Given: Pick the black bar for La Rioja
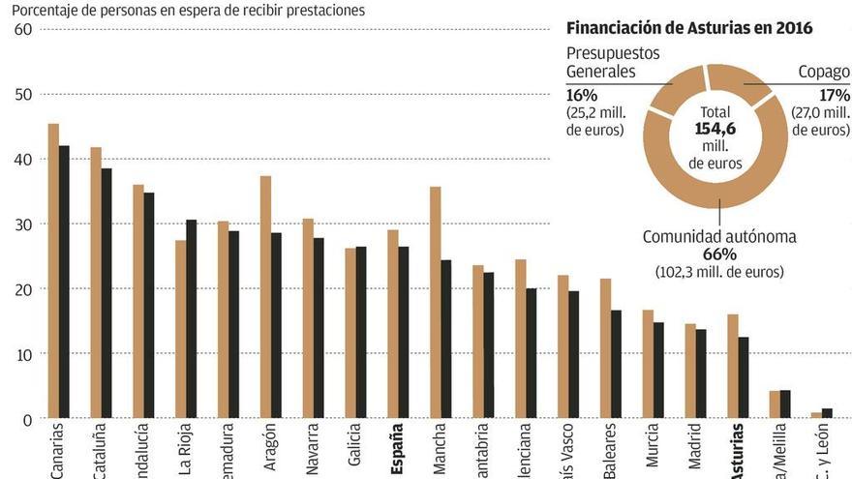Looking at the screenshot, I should point(192,319).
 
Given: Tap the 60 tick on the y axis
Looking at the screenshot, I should point(23,29).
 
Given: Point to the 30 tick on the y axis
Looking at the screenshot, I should point(23,225).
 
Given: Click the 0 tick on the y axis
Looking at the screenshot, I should point(28,419).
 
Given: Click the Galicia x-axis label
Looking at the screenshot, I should point(353,449).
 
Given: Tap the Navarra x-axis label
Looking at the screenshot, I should point(311,449).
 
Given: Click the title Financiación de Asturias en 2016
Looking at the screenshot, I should point(688,28).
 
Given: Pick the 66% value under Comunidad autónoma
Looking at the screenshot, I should point(719,254).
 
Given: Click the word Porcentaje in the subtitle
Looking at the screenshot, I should point(46,10).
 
